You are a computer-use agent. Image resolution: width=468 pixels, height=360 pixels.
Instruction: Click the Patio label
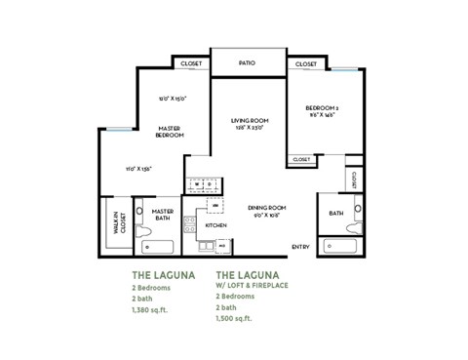click(x=248, y=63)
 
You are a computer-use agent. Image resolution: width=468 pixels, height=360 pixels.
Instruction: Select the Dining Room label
click(x=265, y=209)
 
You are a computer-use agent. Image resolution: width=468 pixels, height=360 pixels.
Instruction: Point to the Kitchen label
click(x=216, y=225)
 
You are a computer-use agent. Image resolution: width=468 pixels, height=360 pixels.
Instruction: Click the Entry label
click(x=300, y=247)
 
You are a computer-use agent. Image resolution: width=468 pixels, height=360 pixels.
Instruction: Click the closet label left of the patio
click(x=190, y=63)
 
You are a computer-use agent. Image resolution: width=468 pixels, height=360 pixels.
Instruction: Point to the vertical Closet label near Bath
click(x=353, y=180)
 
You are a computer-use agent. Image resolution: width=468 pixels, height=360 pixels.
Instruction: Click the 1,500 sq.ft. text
click(x=235, y=319)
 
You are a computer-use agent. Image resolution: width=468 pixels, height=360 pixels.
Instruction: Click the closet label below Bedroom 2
click(x=301, y=159)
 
